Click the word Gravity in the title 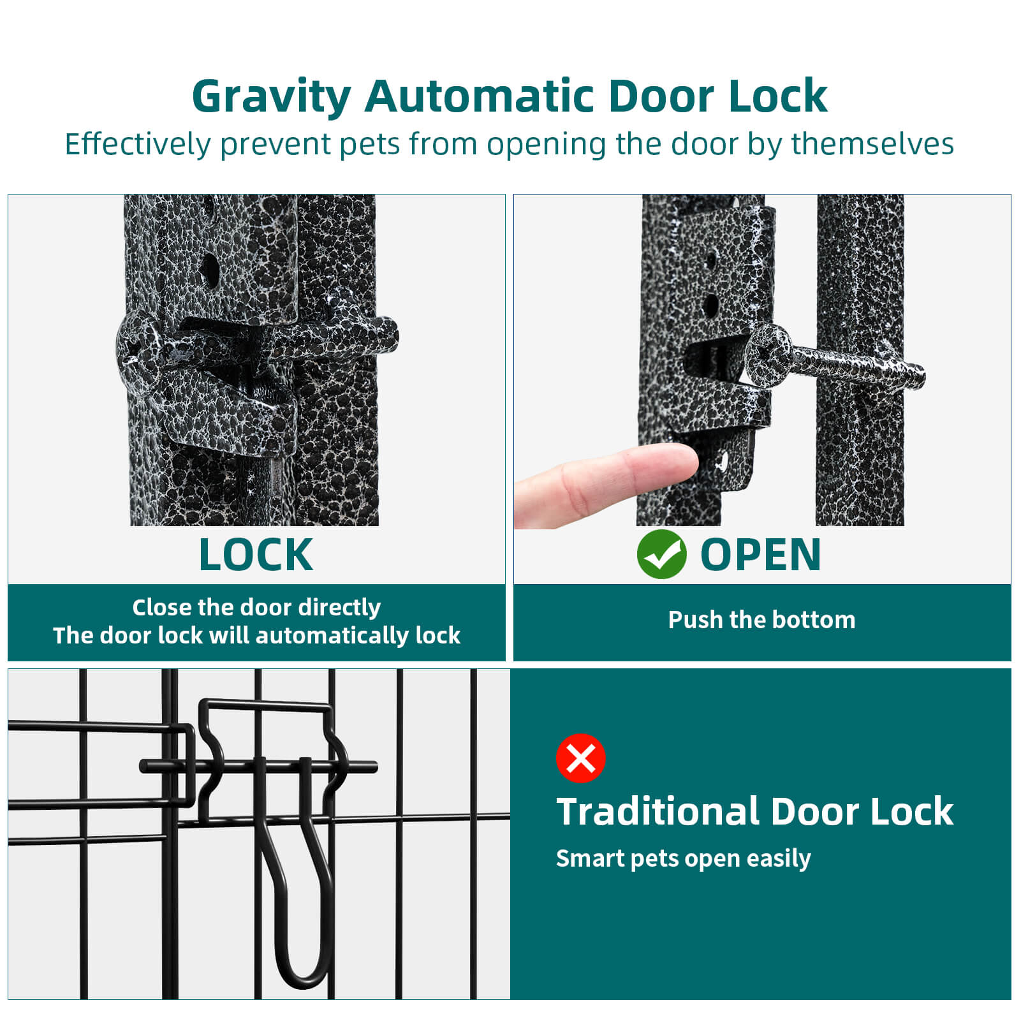coord(271,98)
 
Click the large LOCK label coord(256,554)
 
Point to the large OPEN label coord(760,554)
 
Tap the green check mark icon coord(661,554)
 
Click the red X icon coord(580,758)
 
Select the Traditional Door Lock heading coord(754,811)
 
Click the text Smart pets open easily coord(683,859)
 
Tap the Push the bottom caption coord(761,619)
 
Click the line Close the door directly coord(256,607)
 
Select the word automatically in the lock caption coord(332,635)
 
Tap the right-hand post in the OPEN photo coord(860,360)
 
